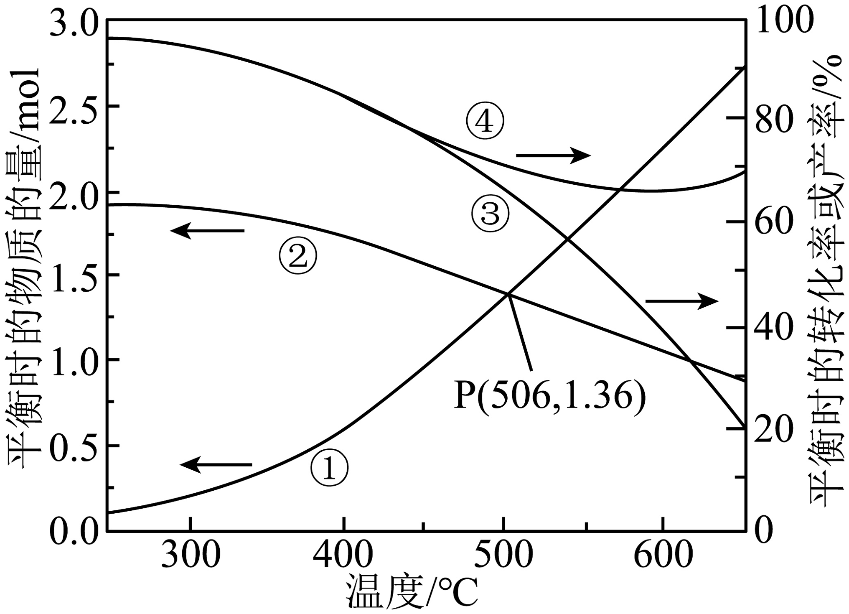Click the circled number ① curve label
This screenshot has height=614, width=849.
pos(329,468)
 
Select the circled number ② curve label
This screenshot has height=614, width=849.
pos(298,255)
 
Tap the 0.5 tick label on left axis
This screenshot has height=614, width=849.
pos(74,446)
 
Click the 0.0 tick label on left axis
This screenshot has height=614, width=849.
pos(74,530)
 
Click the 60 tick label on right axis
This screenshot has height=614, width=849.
pos(774,222)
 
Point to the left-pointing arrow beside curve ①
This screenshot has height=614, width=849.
pos(216,464)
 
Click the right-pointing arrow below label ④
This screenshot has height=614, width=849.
pos(554,155)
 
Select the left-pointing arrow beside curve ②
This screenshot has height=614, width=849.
pos(207,230)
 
